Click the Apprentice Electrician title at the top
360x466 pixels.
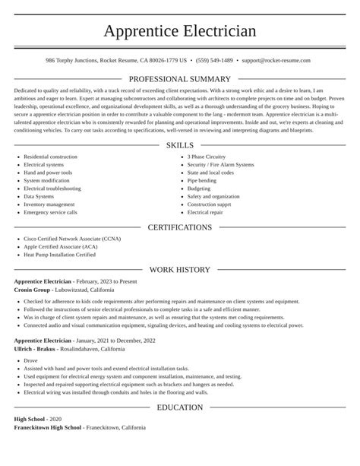pyautogui.click(x=179, y=30)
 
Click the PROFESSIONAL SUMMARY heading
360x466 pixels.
pyautogui.click(x=179, y=79)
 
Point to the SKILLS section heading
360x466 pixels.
pyautogui.click(x=179, y=145)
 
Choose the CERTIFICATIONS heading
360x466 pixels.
pyautogui.click(x=179, y=227)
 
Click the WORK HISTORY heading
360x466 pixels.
pyautogui.click(x=179, y=270)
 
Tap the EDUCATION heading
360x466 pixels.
pyautogui.click(x=179, y=407)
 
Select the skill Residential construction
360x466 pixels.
pyautogui.click(x=50, y=157)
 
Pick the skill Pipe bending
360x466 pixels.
pyautogui.click(x=202, y=181)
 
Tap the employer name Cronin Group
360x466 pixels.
pyautogui.click(x=32, y=289)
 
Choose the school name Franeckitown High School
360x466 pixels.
pyautogui.click(x=47, y=427)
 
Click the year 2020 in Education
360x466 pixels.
pyautogui.click(x=55, y=419)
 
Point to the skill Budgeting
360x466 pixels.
pyautogui.click(x=199, y=189)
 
